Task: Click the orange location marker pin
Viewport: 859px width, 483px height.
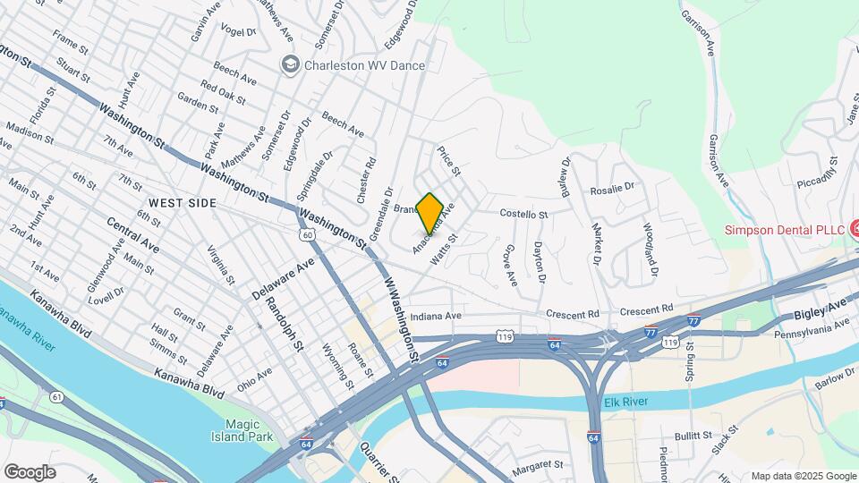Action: point(430,212)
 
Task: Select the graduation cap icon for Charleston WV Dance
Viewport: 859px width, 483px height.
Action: point(289,64)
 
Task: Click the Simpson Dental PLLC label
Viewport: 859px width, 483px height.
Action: point(785,230)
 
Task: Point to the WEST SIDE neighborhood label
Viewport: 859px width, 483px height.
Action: point(183,203)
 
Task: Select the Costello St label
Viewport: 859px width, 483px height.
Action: point(523,215)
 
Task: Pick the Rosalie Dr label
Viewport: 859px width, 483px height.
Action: point(612,190)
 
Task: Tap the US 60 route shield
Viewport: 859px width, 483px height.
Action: point(308,234)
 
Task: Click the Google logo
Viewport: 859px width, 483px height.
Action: point(30,471)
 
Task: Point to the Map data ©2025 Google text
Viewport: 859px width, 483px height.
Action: point(803,476)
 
